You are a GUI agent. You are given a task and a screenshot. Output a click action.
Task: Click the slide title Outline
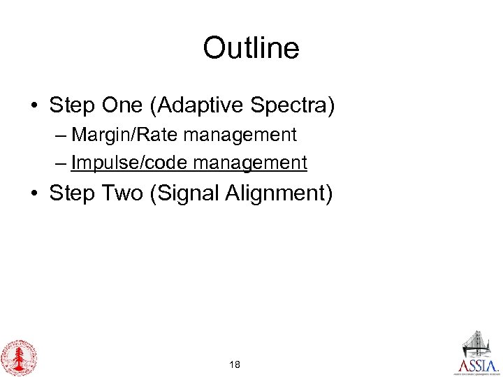(x=251, y=48)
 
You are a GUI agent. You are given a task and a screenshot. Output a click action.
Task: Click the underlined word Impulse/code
(x=130, y=163)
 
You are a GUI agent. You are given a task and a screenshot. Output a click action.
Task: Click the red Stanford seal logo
(x=19, y=357)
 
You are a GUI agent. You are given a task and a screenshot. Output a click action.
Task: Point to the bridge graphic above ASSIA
(x=479, y=343)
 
